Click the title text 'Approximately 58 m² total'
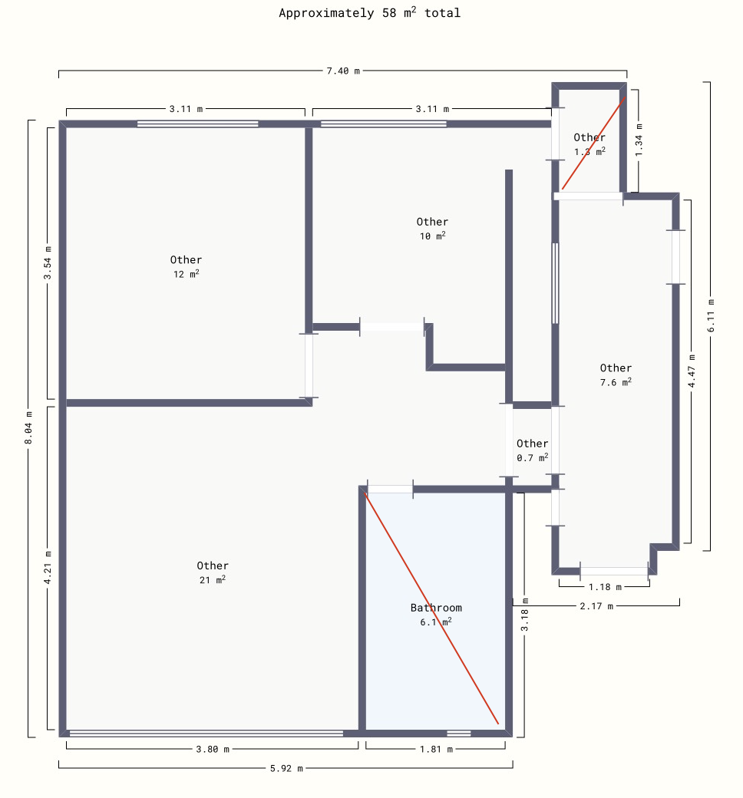[x=370, y=13]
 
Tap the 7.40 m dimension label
[x=343, y=71]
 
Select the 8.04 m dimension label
[x=28, y=427]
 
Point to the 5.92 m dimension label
[x=286, y=768]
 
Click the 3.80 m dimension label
[x=213, y=749]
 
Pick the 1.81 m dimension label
[x=436, y=749]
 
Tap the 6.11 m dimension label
[x=711, y=315]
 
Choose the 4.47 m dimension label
[x=692, y=371]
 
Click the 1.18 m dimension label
[x=605, y=587]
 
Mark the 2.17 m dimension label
[x=596, y=606]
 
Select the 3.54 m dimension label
[x=48, y=262]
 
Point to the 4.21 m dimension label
[x=48, y=568]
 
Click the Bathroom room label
[x=437, y=608]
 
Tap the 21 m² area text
[x=213, y=579]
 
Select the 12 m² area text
[x=186, y=274]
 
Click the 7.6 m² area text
[x=616, y=381]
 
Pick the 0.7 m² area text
[x=532, y=457]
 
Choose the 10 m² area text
[x=432, y=236]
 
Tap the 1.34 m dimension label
[x=639, y=140]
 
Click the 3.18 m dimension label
[x=524, y=615]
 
